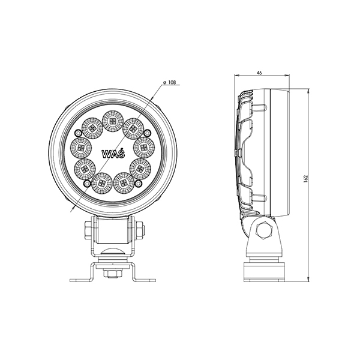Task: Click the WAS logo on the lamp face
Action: pyautogui.click(x=113, y=154)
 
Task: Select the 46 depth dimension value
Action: pyautogui.click(x=259, y=73)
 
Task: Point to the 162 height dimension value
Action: pyautogui.click(x=305, y=179)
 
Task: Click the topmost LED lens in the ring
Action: pyautogui.click(x=113, y=121)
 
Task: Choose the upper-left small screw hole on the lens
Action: pyautogui.click(x=78, y=133)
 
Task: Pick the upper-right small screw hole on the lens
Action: pyautogui.click(x=147, y=133)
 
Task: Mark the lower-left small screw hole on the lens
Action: pyautogui.click(x=87, y=183)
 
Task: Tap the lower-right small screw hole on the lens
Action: pyautogui.click(x=138, y=183)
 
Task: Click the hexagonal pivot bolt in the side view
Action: pyautogui.click(x=264, y=230)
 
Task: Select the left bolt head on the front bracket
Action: pyautogui.click(x=89, y=230)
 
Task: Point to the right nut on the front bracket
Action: pyautogui.click(x=140, y=230)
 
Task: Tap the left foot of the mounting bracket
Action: pyautogui.click(x=81, y=280)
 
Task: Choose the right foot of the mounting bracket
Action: pyautogui.click(x=144, y=280)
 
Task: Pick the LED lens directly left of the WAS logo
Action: pyautogui.click(x=80, y=148)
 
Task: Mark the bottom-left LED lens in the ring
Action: pyautogui.click(x=102, y=183)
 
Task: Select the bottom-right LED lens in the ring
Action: pyautogui.click(x=124, y=183)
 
